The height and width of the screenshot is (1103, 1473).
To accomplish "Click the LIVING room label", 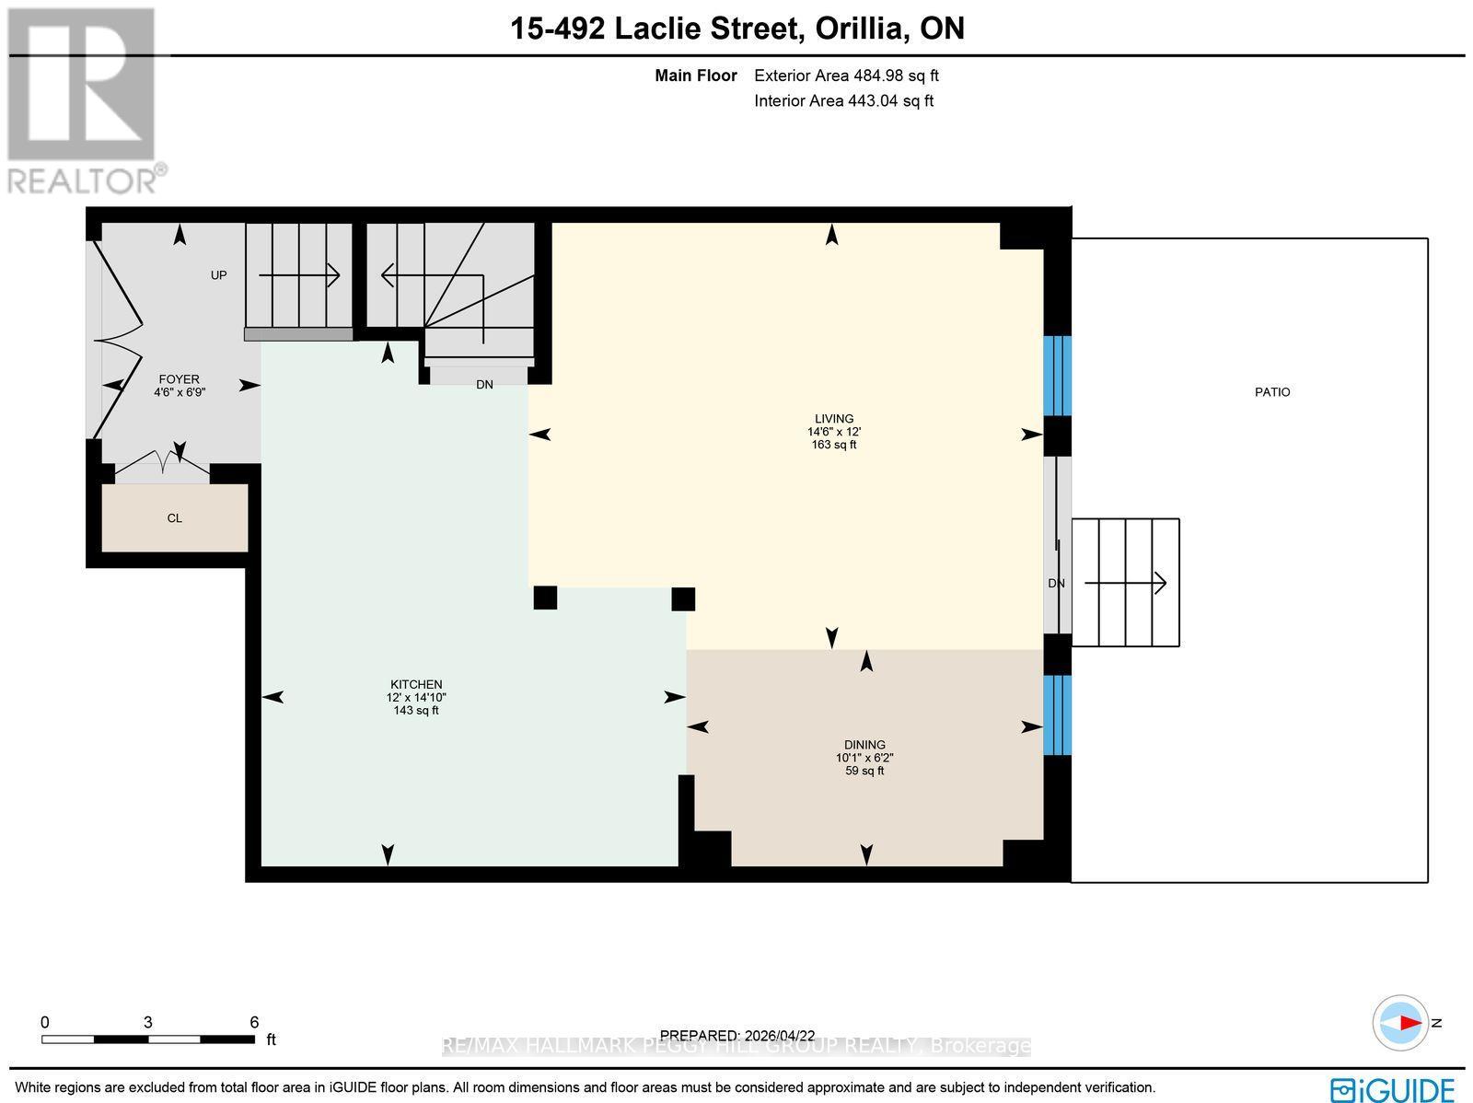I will coord(834,418).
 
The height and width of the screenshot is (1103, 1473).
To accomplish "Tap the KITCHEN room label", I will coord(416,684).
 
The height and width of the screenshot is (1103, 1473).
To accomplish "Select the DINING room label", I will coord(864,745).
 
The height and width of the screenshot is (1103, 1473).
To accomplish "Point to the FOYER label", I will coord(179,379).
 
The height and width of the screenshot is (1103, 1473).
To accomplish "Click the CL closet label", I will coord(174,518).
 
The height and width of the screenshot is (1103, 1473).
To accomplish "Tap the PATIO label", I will coord(1272,392).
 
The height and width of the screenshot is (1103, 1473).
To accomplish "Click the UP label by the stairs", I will coord(218,275).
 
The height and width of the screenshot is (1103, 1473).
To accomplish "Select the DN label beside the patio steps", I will coord(1056,584).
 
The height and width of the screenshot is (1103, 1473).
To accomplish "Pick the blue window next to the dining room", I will coord(1057,715).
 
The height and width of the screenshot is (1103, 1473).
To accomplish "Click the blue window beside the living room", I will coord(1057,376).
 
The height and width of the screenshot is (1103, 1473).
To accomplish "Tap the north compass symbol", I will coord(1401,1023).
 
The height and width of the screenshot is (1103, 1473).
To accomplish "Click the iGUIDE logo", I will coord(1392,1089).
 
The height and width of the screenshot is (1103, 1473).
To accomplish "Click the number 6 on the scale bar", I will coord(254,1022).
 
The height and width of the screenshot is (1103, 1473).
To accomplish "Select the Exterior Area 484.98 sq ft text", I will coord(846,76).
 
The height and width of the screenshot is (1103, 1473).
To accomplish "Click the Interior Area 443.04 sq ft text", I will coord(843,101).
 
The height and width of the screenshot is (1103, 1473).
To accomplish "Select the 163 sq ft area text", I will coord(833,445).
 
